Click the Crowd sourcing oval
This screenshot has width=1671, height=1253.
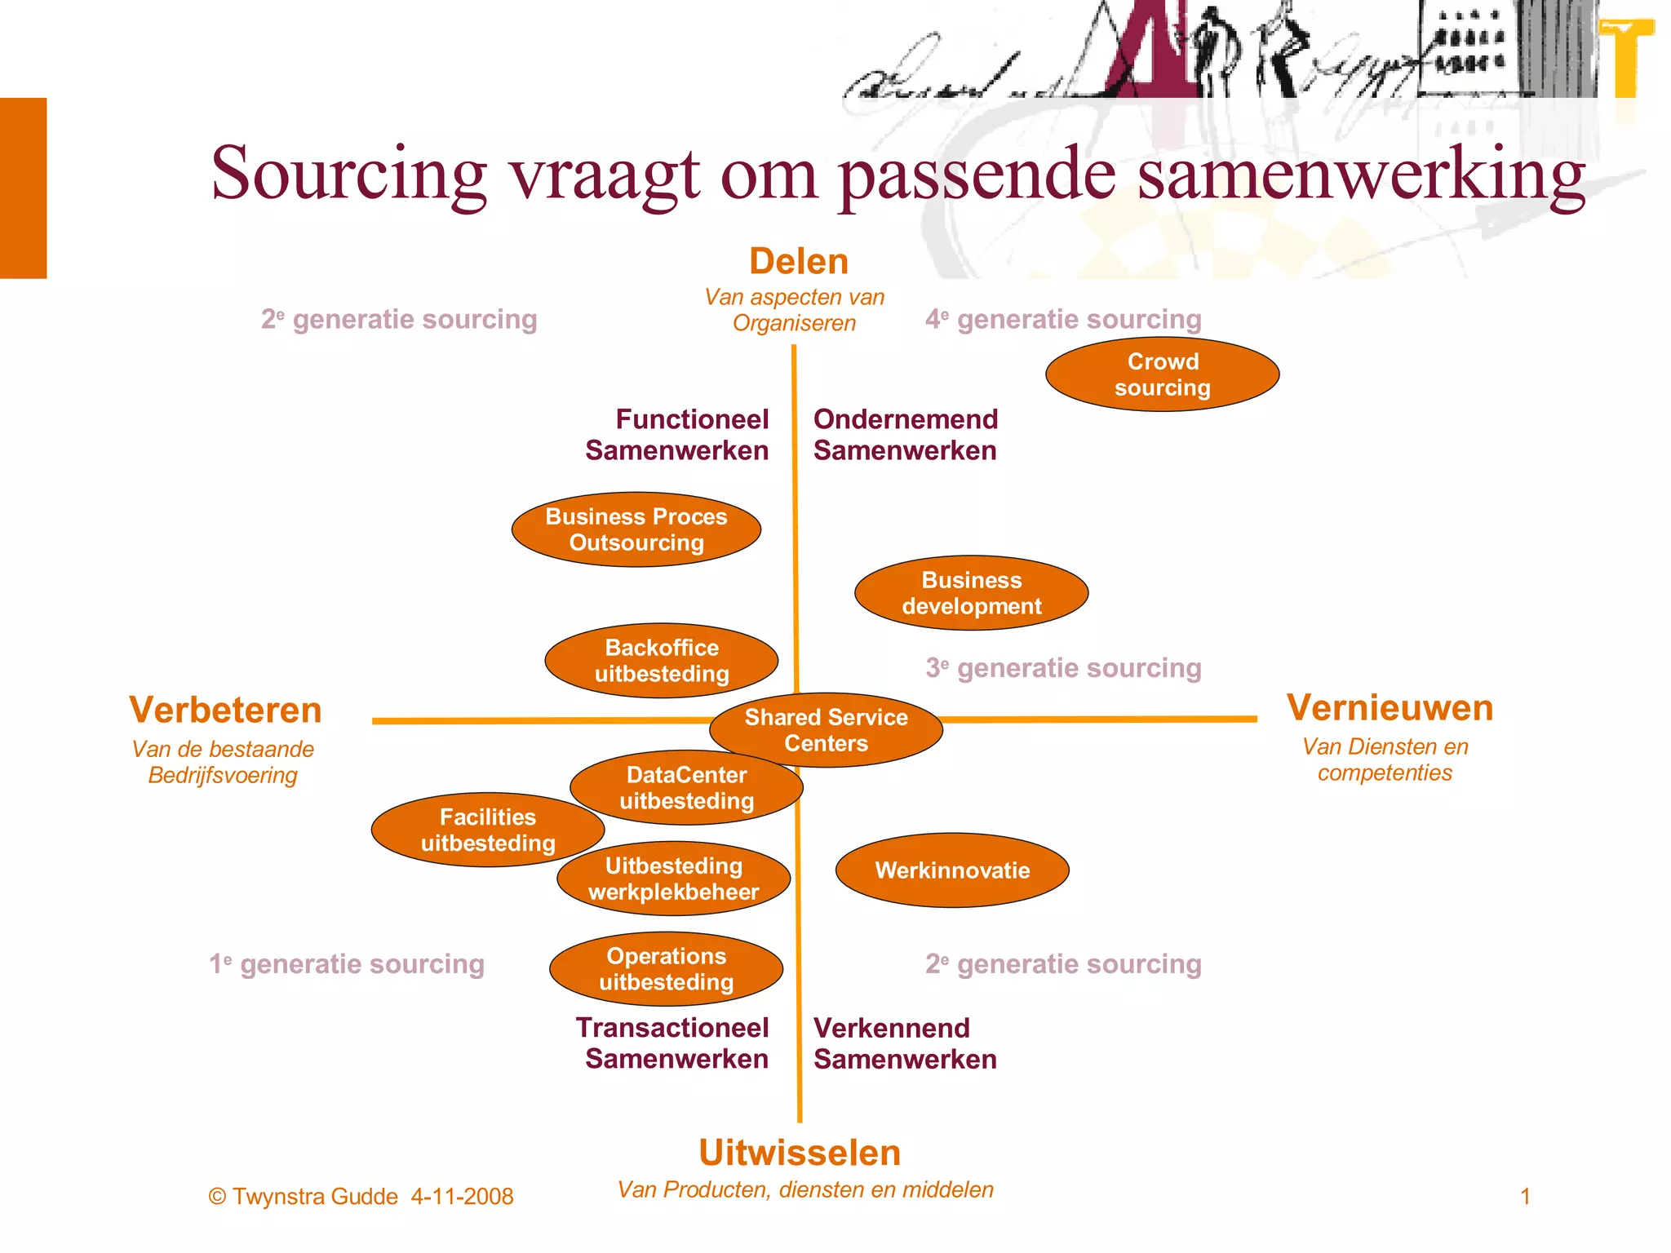1162,374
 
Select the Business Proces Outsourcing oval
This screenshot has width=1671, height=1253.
636,529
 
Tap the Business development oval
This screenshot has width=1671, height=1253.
971,593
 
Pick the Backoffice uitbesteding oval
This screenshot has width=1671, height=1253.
661,661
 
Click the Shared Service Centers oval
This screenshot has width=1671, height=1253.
826,730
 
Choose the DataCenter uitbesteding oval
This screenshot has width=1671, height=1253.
686,787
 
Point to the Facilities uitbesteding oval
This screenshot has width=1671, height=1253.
487,830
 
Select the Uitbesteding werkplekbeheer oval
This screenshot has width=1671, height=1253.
673,879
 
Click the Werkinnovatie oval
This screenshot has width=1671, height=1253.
952,870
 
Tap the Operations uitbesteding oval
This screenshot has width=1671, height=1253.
666,969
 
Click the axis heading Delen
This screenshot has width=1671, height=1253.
799,262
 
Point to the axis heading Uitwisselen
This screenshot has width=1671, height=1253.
800,1153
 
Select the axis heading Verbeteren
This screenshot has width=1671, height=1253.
225,710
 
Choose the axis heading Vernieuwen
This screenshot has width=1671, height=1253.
1390,707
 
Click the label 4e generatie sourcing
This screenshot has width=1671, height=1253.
1063,319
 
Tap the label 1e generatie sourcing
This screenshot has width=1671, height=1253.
347,964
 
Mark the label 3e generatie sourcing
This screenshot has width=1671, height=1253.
1063,668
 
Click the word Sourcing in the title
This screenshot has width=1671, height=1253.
349,173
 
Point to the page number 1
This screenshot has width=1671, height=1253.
1525,1197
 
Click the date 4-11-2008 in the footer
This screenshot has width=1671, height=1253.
462,1197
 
